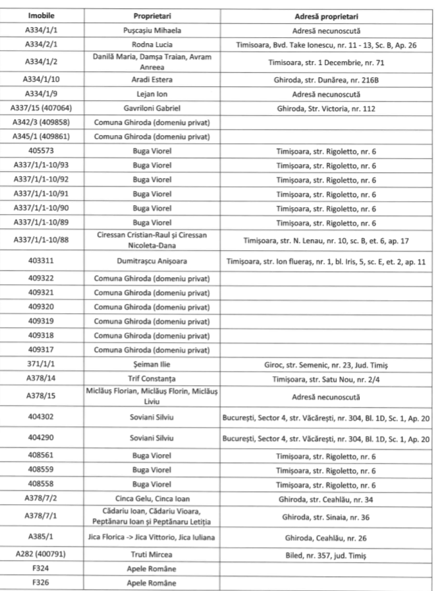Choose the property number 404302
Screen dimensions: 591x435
40,417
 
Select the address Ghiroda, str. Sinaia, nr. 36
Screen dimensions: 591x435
326,516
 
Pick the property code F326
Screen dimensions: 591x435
40,584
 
